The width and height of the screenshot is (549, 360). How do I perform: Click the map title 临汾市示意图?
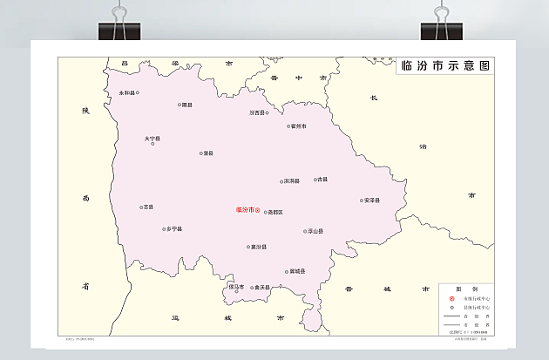coord(442,66)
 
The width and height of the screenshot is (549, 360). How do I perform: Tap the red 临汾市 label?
coord(245,209)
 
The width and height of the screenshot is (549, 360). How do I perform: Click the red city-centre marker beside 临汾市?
coord(258,209)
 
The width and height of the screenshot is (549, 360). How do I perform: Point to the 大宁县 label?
coord(152,138)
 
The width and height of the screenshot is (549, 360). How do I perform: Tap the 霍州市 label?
coord(299,126)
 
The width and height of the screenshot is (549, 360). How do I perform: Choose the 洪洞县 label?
coord(291,181)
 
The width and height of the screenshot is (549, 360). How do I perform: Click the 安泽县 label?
coord(372,200)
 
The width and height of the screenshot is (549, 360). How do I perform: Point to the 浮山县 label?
coord(315,232)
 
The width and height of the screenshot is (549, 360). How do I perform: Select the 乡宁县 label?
coord(173,228)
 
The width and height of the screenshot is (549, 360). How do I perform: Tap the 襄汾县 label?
coord(258,247)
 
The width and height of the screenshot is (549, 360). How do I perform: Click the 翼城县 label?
coord(297,271)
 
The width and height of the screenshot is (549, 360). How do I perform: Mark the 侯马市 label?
coord(236,286)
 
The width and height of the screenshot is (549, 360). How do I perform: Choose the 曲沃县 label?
coord(261,287)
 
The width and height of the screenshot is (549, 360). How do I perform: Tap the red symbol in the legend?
coord(450,298)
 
